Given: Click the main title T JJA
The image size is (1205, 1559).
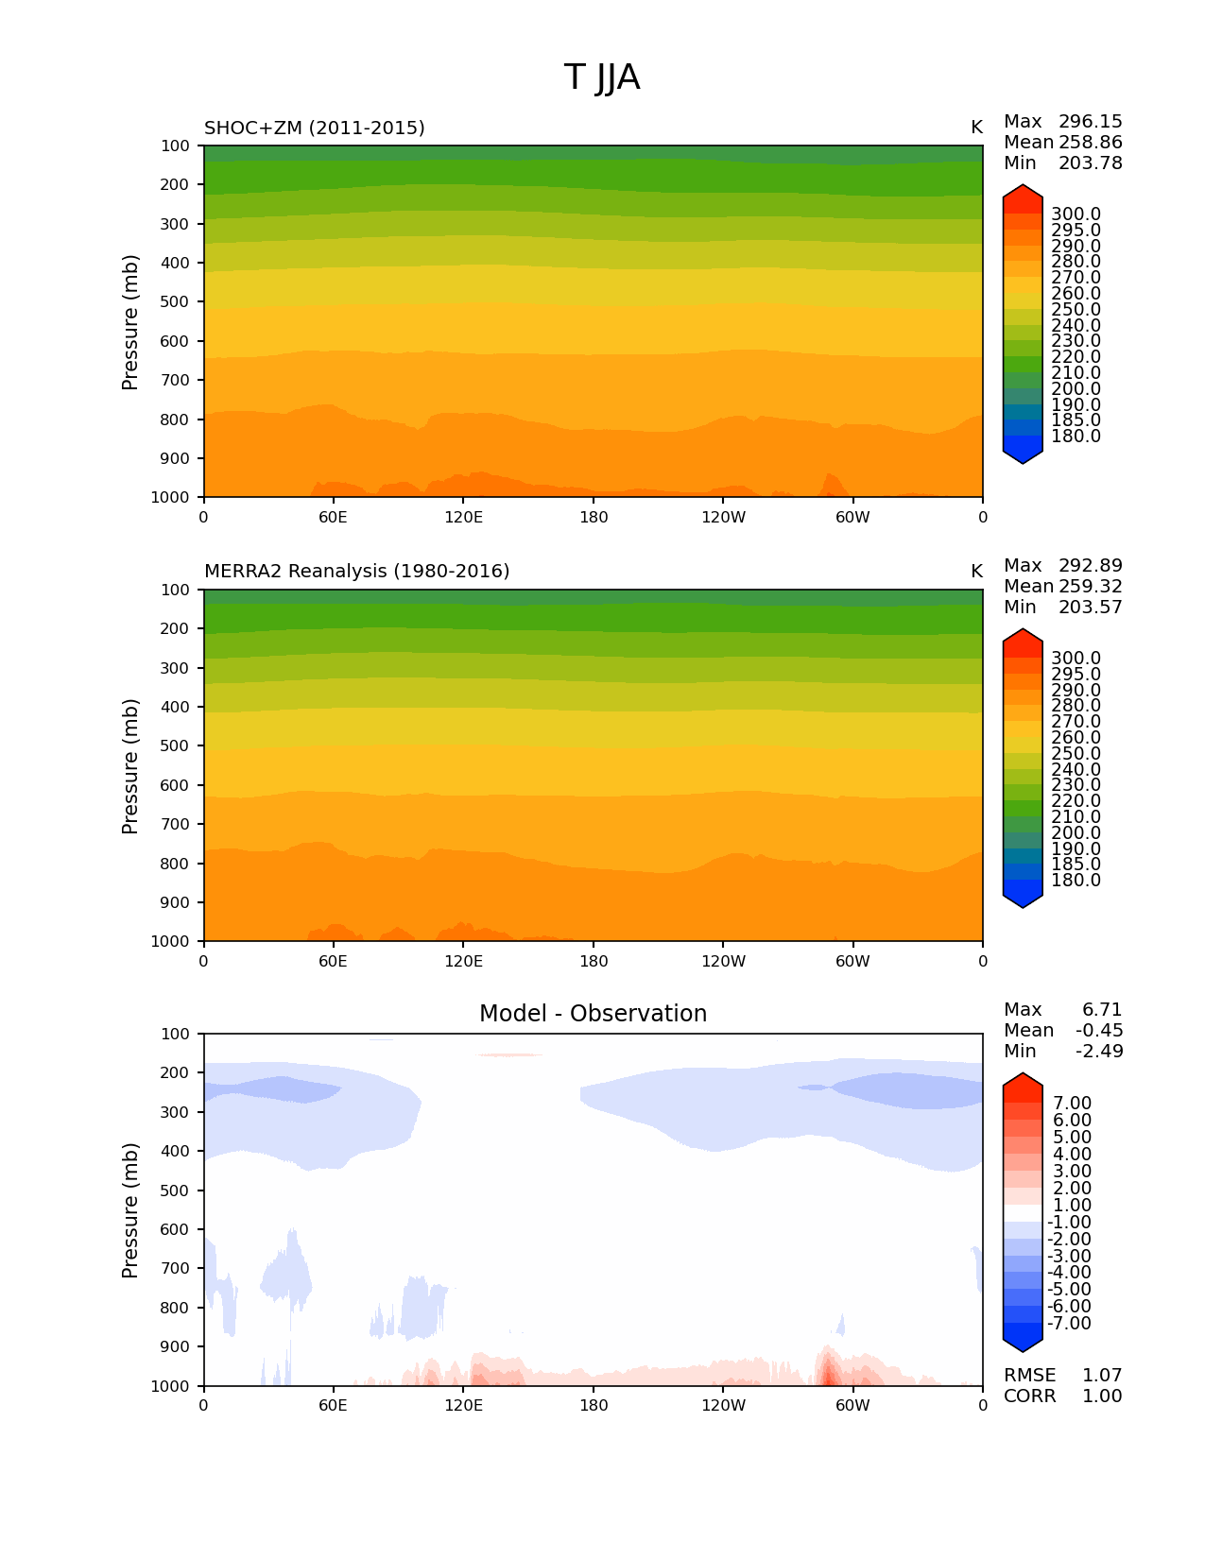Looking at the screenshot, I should (x=602, y=77).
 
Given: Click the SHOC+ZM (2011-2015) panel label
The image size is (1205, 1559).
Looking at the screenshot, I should (x=315, y=128).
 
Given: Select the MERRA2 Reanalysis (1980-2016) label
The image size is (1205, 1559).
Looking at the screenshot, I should (x=356, y=572).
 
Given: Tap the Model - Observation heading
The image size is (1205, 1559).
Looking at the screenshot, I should (x=593, y=1014).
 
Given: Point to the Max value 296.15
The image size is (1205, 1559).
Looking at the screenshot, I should (x=1091, y=122).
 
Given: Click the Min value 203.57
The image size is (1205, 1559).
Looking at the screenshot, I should (x=1091, y=608).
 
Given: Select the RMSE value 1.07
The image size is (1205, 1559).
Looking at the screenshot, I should (x=1102, y=1376).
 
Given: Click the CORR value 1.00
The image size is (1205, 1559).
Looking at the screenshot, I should (x=1102, y=1396).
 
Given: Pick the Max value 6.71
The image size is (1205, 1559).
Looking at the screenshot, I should (x=1102, y=1010).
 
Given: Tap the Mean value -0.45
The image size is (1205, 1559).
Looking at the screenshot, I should (x=1099, y=1031).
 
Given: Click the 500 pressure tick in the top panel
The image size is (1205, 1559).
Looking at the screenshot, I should (x=175, y=302).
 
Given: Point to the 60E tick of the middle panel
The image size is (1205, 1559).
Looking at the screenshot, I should (x=333, y=962).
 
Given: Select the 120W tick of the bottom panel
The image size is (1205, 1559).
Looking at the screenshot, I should (x=723, y=1406).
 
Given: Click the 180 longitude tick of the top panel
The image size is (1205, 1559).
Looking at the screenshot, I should (x=594, y=518).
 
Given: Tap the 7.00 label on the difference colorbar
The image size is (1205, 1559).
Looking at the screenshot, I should (x=1073, y=1104).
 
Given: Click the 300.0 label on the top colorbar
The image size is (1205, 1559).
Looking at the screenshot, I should (x=1076, y=214).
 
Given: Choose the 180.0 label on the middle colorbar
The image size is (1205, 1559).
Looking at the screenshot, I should (x=1076, y=881).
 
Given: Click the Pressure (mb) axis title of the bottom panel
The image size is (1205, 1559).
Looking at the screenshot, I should (x=130, y=1210).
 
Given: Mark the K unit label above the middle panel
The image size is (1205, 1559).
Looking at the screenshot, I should (x=976, y=572).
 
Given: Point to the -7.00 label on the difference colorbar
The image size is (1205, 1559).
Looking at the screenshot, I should (x=1070, y=1324).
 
